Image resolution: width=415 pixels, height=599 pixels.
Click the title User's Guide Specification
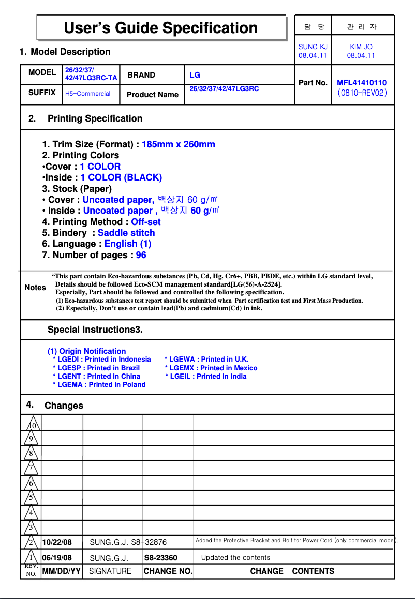[160, 28]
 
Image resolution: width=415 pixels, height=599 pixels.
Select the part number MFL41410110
[361, 83]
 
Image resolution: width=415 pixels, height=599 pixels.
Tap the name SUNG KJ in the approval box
[313, 47]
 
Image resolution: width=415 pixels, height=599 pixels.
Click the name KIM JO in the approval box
[361, 47]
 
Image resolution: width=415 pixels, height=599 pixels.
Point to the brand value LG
[195, 75]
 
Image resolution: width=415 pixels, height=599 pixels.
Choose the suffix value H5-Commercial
[87, 94]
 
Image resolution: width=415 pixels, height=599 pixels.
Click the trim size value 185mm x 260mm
[178, 144]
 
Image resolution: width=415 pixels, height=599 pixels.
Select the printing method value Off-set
[145, 222]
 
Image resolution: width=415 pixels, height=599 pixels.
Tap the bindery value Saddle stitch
[126, 233]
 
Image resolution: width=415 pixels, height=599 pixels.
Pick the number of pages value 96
[141, 255]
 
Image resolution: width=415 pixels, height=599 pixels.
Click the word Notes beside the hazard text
[35, 288]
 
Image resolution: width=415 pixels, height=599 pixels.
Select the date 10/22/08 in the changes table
[57, 542]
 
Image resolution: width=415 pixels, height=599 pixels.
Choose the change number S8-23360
[160, 558]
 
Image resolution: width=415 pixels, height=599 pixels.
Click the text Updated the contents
[235, 558]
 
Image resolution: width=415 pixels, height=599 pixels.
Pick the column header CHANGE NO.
[168, 571]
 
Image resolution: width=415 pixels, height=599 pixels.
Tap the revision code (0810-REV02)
[362, 94]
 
